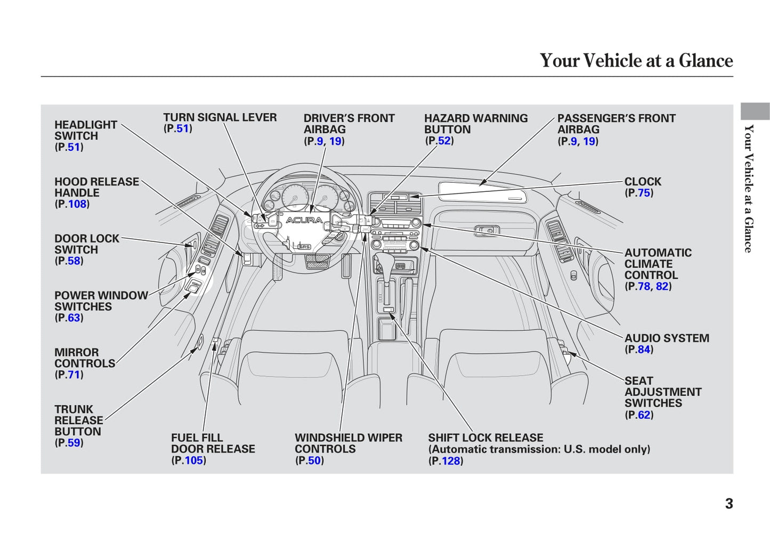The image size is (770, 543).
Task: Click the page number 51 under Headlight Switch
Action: pyautogui.click(x=74, y=147)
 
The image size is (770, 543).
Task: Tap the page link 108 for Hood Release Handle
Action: pyautogui.click(x=77, y=204)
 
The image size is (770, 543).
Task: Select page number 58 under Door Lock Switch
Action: pyautogui.click(x=74, y=261)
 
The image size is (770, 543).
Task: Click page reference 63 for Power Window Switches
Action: pyautogui.click(x=74, y=318)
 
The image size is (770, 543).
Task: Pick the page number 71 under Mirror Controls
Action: pyautogui.click(x=74, y=375)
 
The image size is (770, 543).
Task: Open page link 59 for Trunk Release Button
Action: pyautogui.click(x=74, y=443)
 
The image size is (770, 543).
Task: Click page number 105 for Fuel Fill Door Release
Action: pyautogui.click(x=194, y=460)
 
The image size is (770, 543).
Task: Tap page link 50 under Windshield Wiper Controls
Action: pyautogui.click(x=314, y=460)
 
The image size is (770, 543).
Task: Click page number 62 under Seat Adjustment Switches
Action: pyautogui.click(x=644, y=415)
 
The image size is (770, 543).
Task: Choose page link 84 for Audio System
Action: pyautogui.click(x=644, y=350)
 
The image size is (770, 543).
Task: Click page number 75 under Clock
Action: pyautogui.click(x=644, y=193)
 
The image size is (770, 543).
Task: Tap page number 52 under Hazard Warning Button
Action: pyautogui.click(x=444, y=141)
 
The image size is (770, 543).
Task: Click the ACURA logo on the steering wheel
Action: pyautogui.click(x=304, y=220)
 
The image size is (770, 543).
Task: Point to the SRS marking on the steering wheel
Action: pyautogui.click(x=304, y=247)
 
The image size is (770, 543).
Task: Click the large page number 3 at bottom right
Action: pyautogui.click(x=729, y=504)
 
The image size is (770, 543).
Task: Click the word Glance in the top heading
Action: pyautogui.click(x=706, y=61)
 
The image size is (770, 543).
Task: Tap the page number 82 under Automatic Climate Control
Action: pyautogui.click(x=662, y=286)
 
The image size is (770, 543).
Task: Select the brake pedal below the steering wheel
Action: pyautogui.click(x=317, y=261)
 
